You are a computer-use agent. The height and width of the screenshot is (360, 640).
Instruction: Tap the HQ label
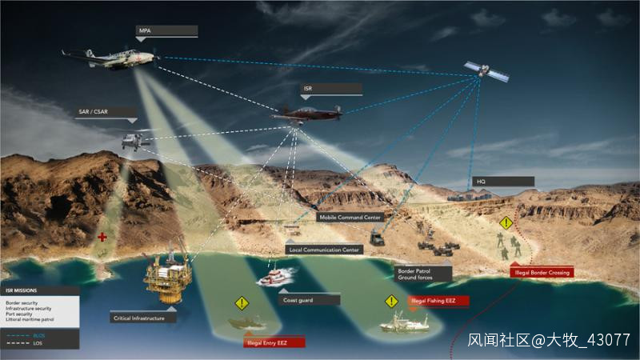pyautogui.click(x=502, y=182)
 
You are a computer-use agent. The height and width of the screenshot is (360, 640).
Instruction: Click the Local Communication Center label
pyautogui.click(x=324, y=250)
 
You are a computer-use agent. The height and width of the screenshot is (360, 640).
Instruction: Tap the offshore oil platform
pyautogui.click(x=166, y=276)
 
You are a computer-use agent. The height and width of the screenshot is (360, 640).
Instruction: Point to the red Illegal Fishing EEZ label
pyautogui.click(x=438, y=301)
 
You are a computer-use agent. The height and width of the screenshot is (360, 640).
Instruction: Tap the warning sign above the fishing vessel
pyautogui.click(x=391, y=302)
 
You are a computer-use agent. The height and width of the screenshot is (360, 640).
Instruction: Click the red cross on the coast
pyautogui.click(x=102, y=238)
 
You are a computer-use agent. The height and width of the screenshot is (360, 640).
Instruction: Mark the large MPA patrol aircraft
pyautogui.click(x=112, y=58)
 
